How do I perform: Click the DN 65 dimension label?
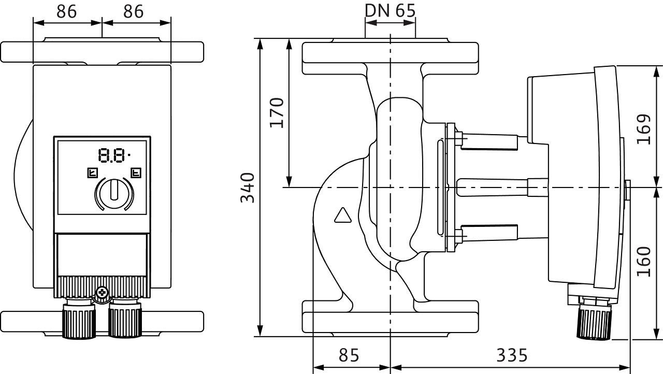(390, 10)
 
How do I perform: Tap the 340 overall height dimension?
(249, 187)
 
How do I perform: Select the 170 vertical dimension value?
(278, 112)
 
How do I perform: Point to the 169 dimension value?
(643, 129)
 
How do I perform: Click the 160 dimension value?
(643, 262)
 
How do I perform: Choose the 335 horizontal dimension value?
(512, 355)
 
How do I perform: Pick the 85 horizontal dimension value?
(349, 355)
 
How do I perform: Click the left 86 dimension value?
(67, 11)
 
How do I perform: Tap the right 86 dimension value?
(134, 11)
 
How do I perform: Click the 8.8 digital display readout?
(113, 155)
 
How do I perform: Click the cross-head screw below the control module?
(102, 293)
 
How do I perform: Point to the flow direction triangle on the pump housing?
(343, 215)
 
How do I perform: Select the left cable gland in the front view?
(79, 322)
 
